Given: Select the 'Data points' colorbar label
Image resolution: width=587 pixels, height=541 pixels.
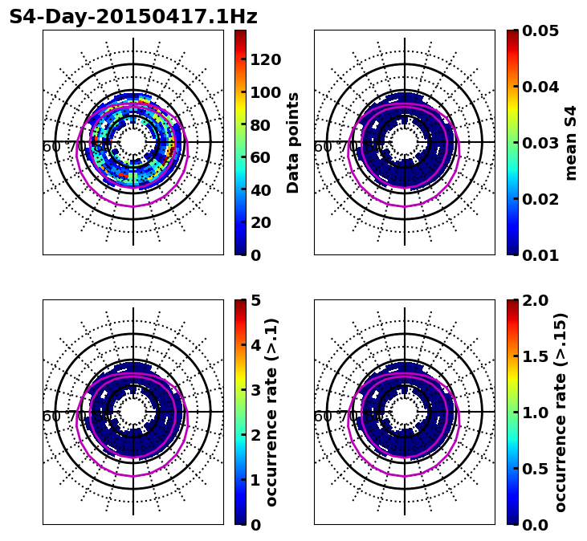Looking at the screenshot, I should click(293, 142).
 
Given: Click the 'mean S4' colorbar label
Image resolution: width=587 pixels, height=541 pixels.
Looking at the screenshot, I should click(571, 143).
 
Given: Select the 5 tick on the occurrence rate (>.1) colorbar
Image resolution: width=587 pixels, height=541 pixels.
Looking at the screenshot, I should click(255, 300).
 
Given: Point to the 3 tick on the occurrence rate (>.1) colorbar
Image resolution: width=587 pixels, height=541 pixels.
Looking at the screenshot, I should click(255, 390).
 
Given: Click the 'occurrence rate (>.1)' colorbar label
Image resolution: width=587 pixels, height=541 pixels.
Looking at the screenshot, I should click(271, 413).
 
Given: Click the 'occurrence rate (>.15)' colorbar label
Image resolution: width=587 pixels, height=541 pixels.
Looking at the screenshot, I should click(561, 413).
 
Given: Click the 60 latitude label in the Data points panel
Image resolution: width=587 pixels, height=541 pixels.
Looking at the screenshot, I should click(51, 147).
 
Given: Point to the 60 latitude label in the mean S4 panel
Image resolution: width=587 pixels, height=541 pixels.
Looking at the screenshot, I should click(323, 147).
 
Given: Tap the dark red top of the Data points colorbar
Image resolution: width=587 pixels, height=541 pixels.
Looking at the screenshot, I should click(240, 34).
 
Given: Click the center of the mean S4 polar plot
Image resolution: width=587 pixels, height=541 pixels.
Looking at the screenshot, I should click(405, 142).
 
